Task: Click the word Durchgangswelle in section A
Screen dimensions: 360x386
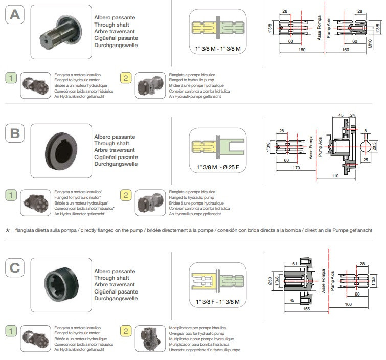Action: [116, 45]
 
